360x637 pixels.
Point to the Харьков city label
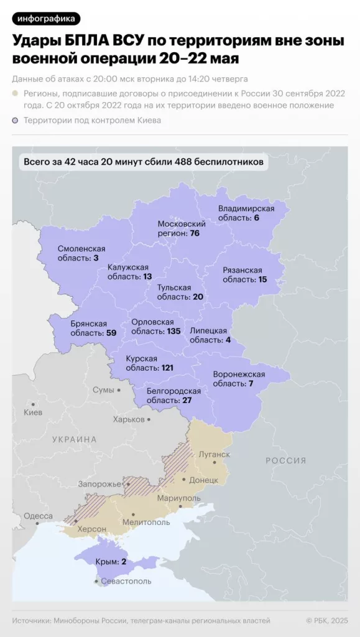129,419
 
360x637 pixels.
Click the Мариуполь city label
179,499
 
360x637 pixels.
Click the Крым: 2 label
111,562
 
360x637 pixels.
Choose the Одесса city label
38,516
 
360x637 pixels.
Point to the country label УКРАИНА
75,439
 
